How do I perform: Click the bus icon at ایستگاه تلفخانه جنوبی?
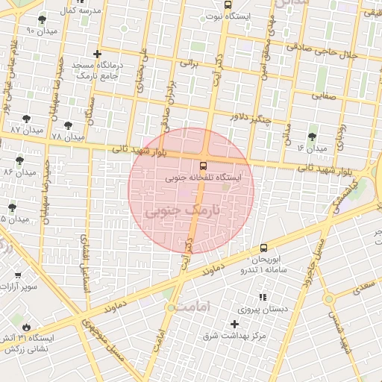point(203,166)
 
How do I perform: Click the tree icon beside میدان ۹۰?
point(41,19)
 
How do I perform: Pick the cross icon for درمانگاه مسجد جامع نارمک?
point(96,54)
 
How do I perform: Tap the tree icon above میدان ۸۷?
point(27,119)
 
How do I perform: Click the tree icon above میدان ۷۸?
point(68,125)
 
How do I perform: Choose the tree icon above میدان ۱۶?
point(311,137)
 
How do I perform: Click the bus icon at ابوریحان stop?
point(263,248)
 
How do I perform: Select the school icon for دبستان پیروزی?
point(262,297)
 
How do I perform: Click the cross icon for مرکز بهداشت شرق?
point(236,324)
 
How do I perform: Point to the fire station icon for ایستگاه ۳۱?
point(27,327)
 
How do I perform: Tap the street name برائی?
point(192,65)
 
